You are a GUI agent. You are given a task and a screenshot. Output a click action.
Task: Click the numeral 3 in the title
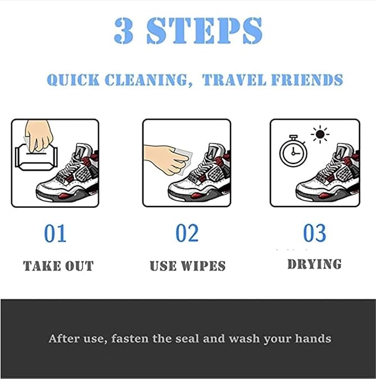point(124,31)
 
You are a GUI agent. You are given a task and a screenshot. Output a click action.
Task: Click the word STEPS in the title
point(205,31)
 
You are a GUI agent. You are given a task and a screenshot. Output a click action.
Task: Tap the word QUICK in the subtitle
point(73,80)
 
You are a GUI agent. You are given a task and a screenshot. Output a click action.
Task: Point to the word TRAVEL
point(234,80)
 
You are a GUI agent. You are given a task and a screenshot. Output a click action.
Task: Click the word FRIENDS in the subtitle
point(307,80)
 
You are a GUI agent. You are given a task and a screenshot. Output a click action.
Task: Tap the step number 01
point(55,233)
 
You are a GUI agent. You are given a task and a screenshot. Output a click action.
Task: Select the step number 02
point(187,233)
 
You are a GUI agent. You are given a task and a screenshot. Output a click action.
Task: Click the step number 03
point(315,233)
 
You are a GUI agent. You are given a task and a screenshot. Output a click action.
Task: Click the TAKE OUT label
point(58,266)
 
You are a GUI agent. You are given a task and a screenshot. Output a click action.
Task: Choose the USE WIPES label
point(188,266)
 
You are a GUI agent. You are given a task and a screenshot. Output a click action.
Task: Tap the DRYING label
point(315,264)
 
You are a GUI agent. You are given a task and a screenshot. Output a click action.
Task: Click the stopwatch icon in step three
point(293,151)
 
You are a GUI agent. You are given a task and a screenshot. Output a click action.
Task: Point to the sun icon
point(320,134)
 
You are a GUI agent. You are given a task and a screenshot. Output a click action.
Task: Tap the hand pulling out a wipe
point(39,136)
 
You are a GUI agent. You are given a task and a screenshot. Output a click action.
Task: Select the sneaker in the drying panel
point(328,173)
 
